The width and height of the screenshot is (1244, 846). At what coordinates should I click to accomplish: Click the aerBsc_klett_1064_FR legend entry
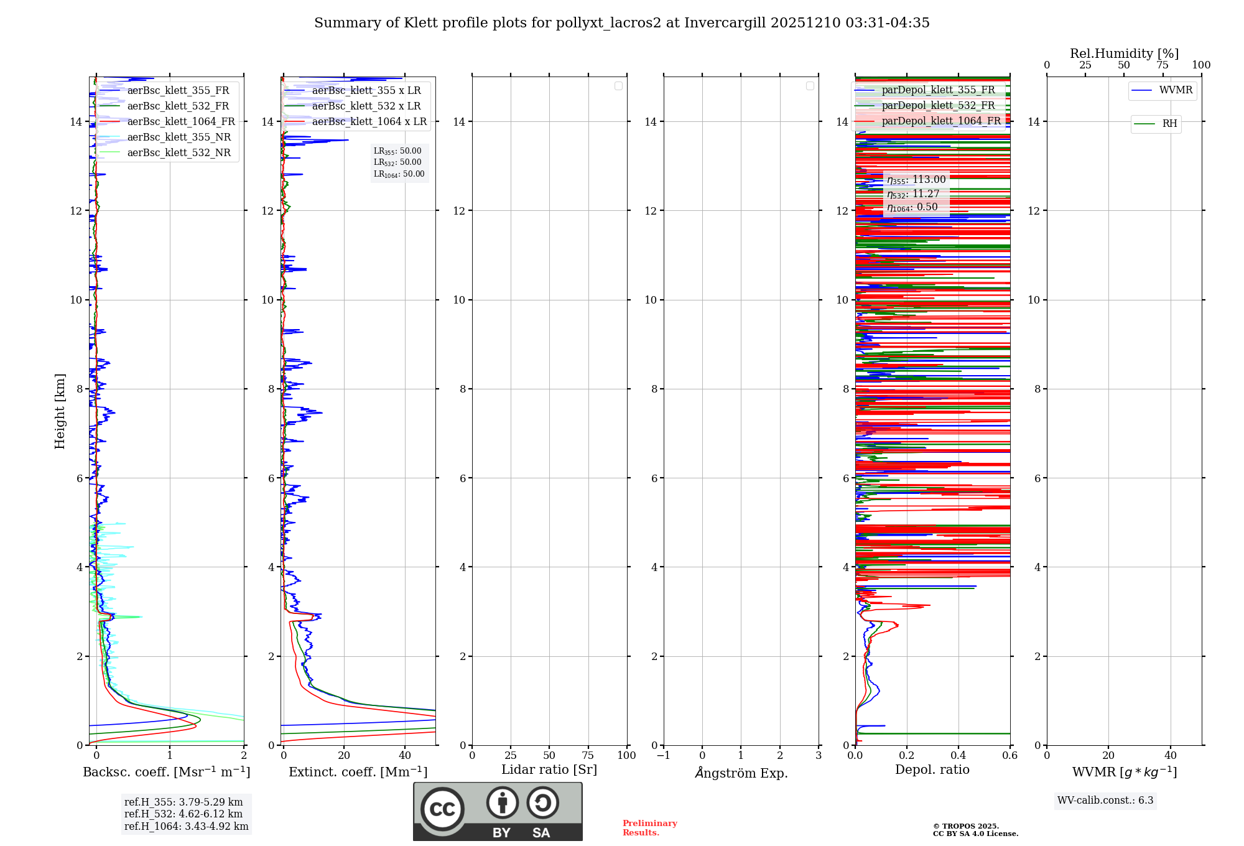point(181,122)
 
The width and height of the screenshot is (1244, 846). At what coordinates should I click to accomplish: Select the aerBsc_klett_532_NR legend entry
point(179,153)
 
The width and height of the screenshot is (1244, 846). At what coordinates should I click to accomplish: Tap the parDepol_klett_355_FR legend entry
point(938,90)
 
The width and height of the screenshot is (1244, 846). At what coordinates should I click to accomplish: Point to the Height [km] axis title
point(60,411)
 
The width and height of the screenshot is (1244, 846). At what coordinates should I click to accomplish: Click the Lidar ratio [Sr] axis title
point(549,770)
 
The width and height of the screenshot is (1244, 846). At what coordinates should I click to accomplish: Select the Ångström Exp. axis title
point(741,773)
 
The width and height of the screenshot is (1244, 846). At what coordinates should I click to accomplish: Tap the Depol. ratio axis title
point(932,770)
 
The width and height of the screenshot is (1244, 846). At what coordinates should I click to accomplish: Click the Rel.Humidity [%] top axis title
point(1124,53)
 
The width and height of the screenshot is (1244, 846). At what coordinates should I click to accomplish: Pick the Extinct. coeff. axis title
point(358,773)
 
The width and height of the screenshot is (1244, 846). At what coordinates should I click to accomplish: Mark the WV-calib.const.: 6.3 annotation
point(1105,801)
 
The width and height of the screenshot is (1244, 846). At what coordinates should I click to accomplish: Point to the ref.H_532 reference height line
point(183,814)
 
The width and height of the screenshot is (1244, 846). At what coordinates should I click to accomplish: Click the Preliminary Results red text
point(649,828)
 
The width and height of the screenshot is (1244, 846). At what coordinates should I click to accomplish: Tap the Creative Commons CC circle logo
point(442,809)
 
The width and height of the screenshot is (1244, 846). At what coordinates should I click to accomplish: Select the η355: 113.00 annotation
point(916,180)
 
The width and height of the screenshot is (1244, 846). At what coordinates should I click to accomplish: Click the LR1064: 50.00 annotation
point(399,174)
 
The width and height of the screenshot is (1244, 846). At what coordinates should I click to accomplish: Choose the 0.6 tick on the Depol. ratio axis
point(1010,756)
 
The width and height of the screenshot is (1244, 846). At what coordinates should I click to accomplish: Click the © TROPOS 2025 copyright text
point(965,826)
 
